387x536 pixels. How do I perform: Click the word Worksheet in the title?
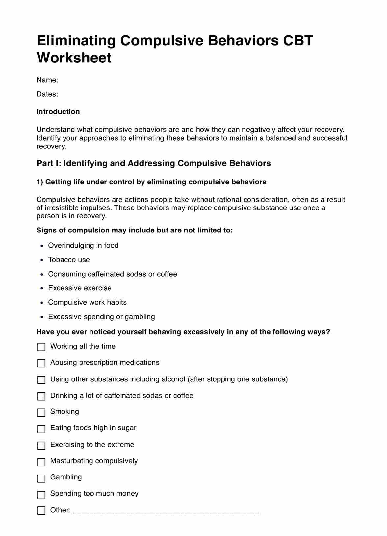point(74,58)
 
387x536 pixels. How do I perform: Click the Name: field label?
point(47,80)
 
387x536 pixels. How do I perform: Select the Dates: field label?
point(47,94)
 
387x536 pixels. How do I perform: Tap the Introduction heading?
point(58,112)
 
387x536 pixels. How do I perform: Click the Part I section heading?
point(153,163)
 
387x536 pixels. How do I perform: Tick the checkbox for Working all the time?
point(41,347)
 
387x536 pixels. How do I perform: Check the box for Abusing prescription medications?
point(41,363)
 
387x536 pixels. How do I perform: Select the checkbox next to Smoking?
point(41,412)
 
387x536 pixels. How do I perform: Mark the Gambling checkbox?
point(41,478)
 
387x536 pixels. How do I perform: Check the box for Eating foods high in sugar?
point(41,429)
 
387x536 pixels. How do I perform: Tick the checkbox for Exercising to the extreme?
point(41,445)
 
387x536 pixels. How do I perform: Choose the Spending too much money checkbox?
point(41,494)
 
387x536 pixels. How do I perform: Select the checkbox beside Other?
point(41,510)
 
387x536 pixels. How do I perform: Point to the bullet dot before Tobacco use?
point(42,260)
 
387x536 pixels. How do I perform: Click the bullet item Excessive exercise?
point(80,288)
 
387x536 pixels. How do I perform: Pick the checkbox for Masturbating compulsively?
point(41,462)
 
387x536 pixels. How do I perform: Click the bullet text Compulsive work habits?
point(87,302)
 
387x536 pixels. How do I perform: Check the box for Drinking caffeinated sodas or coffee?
point(41,396)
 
